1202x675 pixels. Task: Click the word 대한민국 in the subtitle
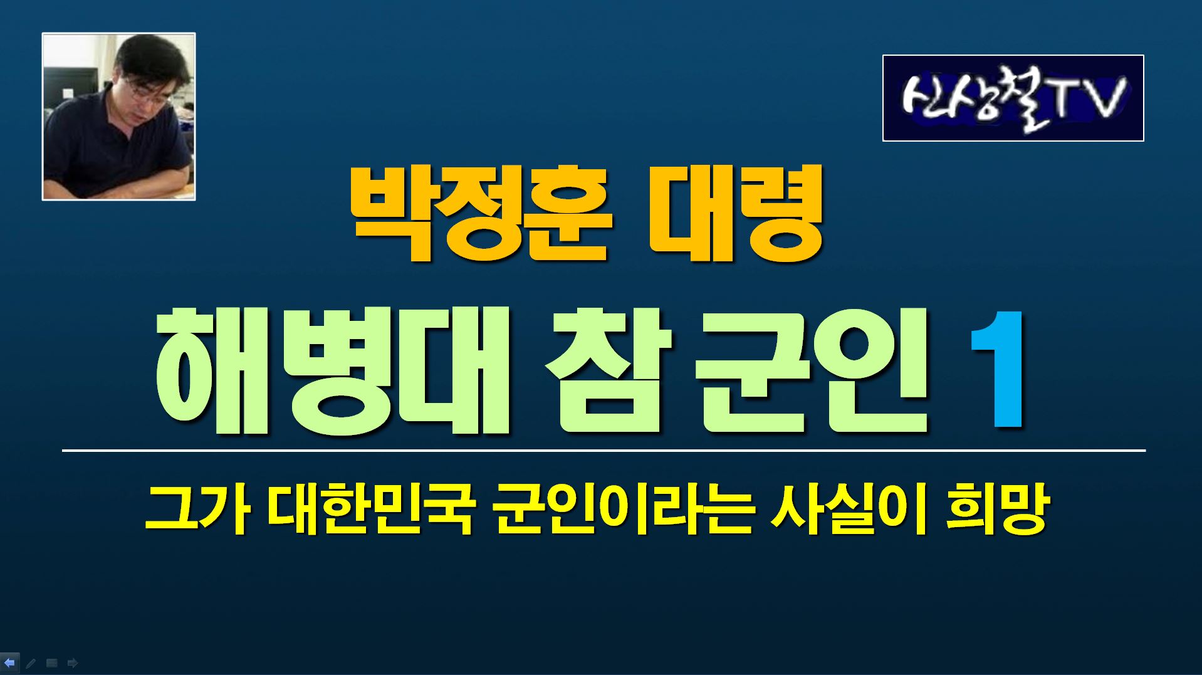370,510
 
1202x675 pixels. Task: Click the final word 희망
996,510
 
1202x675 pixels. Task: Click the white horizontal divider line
604,451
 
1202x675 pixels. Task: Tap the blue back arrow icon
9,662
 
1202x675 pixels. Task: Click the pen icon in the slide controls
30,662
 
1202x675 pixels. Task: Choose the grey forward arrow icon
73,662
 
